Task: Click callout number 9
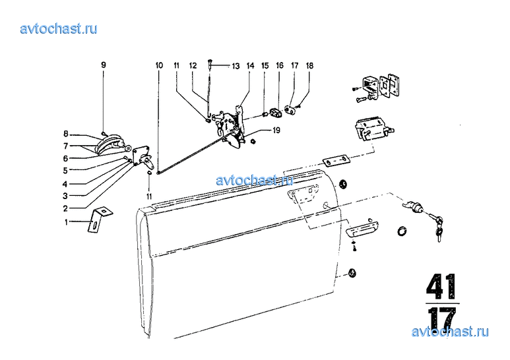pos(104,65)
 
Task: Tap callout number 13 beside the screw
pos(236,66)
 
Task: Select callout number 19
pos(276,131)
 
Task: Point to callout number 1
pos(67,222)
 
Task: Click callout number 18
pos(309,66)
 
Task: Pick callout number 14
pos(250,66)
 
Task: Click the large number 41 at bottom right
pos(441,286)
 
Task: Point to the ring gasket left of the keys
pos(402,231)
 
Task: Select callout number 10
pos(159,65)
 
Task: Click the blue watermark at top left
pos(59,28)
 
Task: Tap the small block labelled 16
pos(276,113)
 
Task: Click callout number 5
pos(65,170)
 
